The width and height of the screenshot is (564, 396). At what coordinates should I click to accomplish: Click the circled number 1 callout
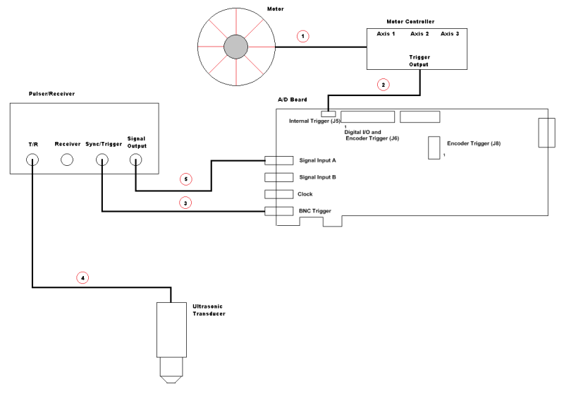tap(303, 36)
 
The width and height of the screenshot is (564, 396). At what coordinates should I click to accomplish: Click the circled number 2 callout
tap(383, 85)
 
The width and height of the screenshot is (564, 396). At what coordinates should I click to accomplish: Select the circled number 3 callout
tap(185, 203)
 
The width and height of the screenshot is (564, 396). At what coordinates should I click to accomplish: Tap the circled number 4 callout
tap(82, 277)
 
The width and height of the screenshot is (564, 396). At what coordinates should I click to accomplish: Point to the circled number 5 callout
tap(185, 179)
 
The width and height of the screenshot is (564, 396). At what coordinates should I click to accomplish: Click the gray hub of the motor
tap(235, 47)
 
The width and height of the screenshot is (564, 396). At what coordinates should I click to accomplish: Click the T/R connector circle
tap(32, 160)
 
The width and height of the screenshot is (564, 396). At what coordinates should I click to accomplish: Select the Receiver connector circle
tap(67, 160)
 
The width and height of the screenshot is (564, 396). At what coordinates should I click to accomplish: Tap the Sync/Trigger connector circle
tap(102, 160)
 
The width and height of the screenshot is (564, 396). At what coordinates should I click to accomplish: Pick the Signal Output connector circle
tap(135, 160)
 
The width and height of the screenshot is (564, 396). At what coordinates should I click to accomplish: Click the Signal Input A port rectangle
tap(278, 160)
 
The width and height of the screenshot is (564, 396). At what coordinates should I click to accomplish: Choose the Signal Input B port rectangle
tap(278, 177)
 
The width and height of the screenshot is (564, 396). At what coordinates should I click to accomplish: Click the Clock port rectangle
tap(278, 194)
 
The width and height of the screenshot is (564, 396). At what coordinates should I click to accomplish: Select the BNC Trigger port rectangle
tap(278, 211)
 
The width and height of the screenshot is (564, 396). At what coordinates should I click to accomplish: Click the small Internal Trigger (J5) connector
tap(328, 114)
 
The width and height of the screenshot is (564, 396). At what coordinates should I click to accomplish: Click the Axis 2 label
tap(419, 34)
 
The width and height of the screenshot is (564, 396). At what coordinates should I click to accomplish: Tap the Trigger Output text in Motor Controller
tap(419, 60)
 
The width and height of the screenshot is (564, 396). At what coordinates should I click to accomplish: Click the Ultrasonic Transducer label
tap(209, 309)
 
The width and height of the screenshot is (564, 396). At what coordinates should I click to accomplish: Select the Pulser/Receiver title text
tap(51, 93)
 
